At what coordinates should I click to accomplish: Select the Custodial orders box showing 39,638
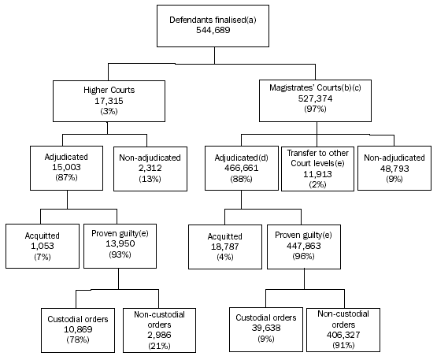[x=267, y=325]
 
